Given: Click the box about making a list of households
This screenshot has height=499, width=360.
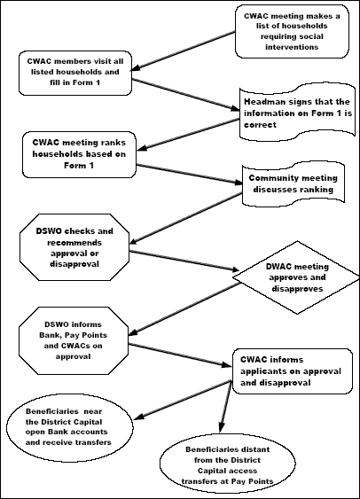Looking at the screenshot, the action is coord(292,32).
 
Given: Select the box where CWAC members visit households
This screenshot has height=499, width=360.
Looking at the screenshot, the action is coord(75,73).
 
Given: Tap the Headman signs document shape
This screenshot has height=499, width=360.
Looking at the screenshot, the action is coord(297,112).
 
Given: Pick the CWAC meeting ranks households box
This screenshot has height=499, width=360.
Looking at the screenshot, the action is coord(79,154).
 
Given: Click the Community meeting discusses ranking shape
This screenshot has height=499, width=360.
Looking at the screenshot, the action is coord(293,183).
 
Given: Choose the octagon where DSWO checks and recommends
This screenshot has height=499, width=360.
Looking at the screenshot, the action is coord(74,247).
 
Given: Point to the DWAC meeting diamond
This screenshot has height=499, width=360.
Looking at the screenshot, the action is coord(296,277).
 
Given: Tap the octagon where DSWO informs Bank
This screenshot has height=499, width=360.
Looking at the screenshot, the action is coord(74,340).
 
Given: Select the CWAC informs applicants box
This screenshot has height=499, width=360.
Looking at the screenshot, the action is coord(293,371).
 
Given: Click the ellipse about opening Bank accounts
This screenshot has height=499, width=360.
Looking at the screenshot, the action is coord(70,428).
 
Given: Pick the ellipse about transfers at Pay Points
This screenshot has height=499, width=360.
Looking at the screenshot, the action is coord(228,465).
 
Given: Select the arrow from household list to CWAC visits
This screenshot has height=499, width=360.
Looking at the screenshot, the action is coord(183,51).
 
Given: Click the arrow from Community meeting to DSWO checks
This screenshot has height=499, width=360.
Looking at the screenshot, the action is coord(186,219).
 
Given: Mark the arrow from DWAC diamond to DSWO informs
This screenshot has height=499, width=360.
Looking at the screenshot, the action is coord(184,309).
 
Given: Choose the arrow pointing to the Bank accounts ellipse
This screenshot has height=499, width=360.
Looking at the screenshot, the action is coord(183,400).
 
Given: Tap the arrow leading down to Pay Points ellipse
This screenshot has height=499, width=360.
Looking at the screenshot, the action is coord(226,406).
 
